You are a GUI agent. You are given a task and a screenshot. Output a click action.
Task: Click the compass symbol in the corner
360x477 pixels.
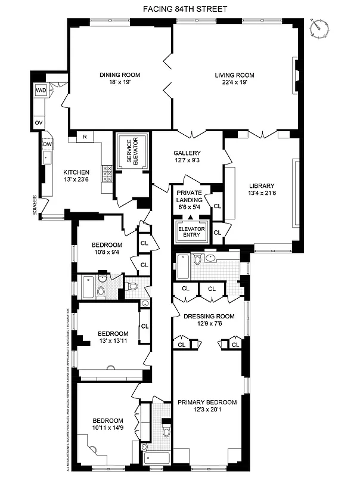[x=321, y=26]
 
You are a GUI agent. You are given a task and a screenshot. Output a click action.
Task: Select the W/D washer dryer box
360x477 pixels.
[x=41, y=90]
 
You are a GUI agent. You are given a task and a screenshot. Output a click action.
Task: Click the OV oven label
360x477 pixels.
[x=39, y=122]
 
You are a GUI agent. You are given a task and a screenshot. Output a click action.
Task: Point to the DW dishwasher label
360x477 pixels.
[x=47, y=145]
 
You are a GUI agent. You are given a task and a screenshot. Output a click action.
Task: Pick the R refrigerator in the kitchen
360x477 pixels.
[x=85, y=137]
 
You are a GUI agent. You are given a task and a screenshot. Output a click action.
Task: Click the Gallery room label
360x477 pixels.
[x=187, y=153]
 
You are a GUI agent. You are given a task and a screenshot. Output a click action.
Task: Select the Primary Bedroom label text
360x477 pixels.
[x=207, y=402]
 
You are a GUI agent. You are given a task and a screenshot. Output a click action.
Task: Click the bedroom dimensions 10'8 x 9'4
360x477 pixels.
[x=107, y=252]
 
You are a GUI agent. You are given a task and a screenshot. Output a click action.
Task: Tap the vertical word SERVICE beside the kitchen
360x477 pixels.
[x=35, y=205]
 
